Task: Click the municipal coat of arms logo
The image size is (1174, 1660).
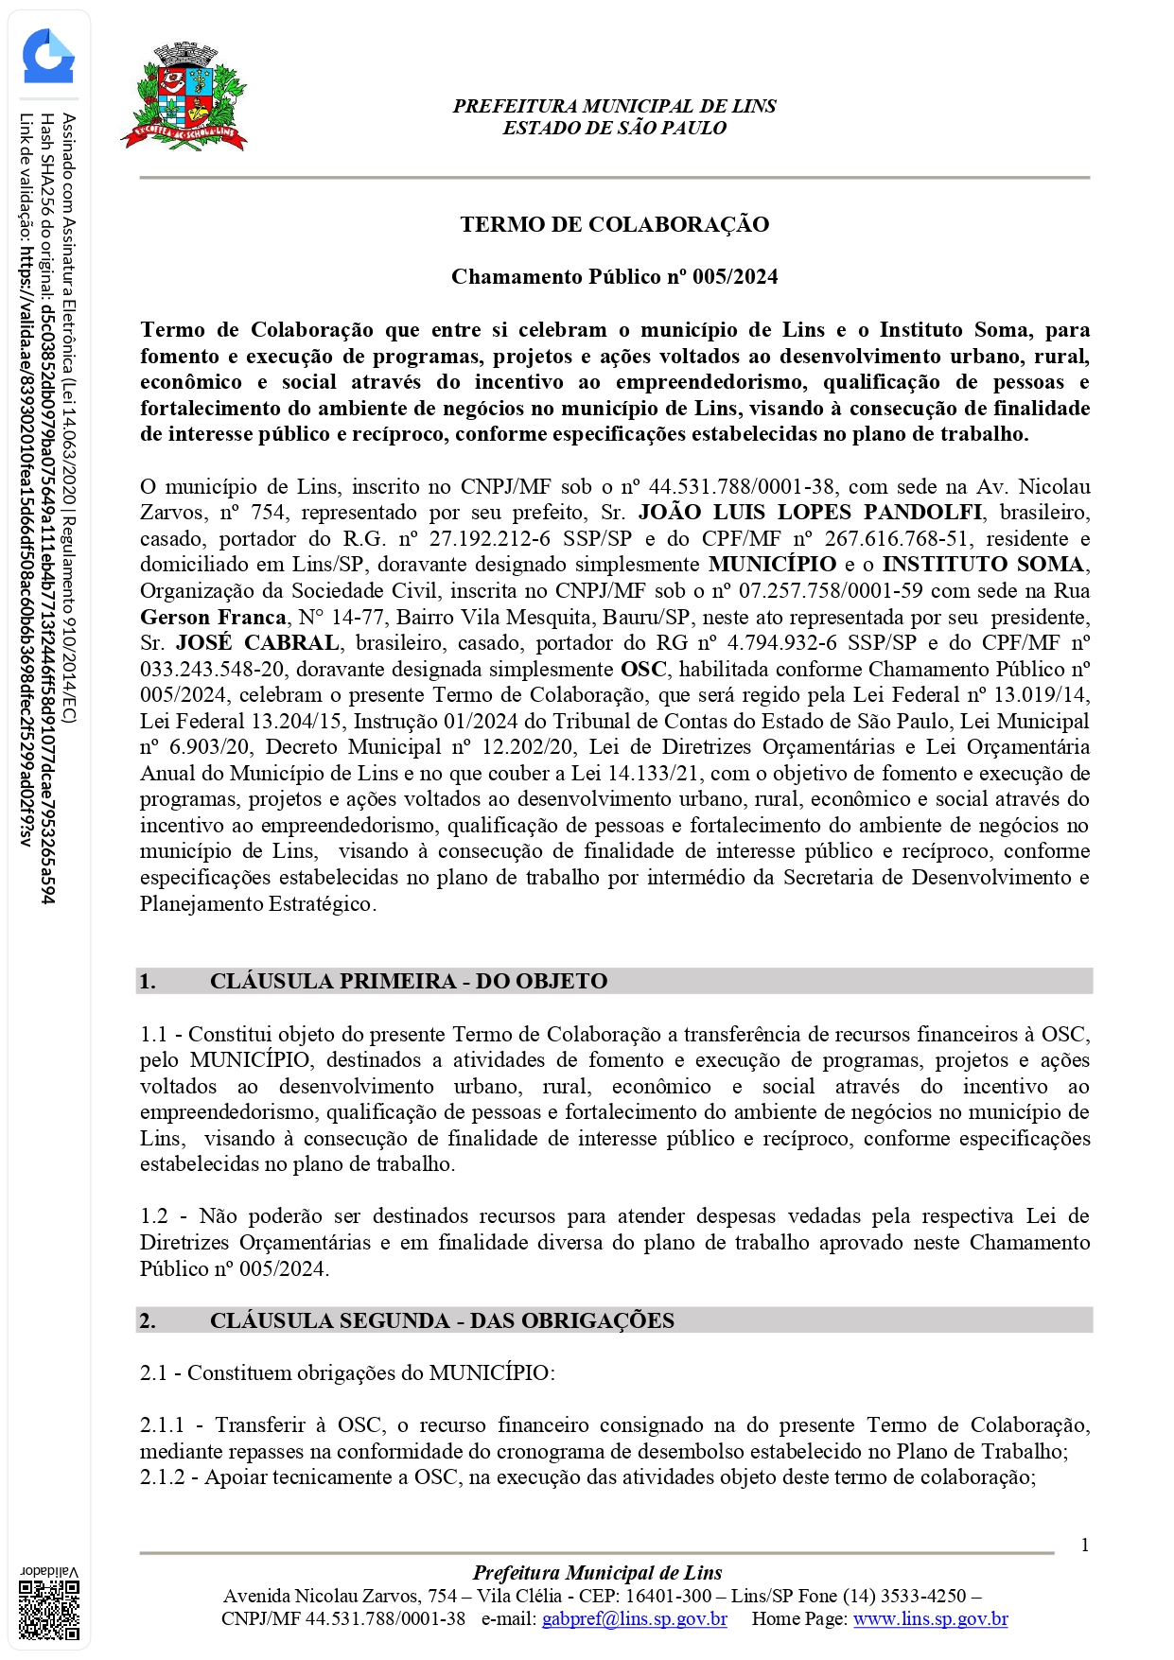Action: pyautogui.click(x=184, y=97)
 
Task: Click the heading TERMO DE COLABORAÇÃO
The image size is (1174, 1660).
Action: pyautogui.click(x=614, y=224)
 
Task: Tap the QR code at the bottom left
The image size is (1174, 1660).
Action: pyautogui.click(x=49, y=1609)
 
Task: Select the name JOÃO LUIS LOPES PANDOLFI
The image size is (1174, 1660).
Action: pyautogui.click(x=810, y=513)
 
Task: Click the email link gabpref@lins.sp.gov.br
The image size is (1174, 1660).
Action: pyautogui.click(x=634, y=1618)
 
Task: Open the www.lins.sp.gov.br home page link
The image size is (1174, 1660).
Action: pyautogui.click(x=930, y=1618)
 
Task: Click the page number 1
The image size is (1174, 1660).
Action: pyautogui.click(x=1084, y=1545)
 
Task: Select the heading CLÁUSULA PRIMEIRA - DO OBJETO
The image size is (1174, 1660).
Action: pyautogui.click(x=408, y=981)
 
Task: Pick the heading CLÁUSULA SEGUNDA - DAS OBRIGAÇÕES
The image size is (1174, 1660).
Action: pyautogui.click(x=442, y=1320)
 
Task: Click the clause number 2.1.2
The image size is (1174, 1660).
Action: pyautogui.click(x=163, y=1477)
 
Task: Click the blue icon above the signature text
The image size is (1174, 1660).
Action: pyautogui.click(x=47, y=57)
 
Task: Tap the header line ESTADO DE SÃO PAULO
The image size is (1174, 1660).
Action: pyautogui.click(x=614, y=129)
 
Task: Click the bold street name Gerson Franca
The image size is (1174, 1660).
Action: pyautogui.click(x=213, y=618)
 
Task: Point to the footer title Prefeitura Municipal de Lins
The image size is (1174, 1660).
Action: pyautogui.click(x=597, y=1573)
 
